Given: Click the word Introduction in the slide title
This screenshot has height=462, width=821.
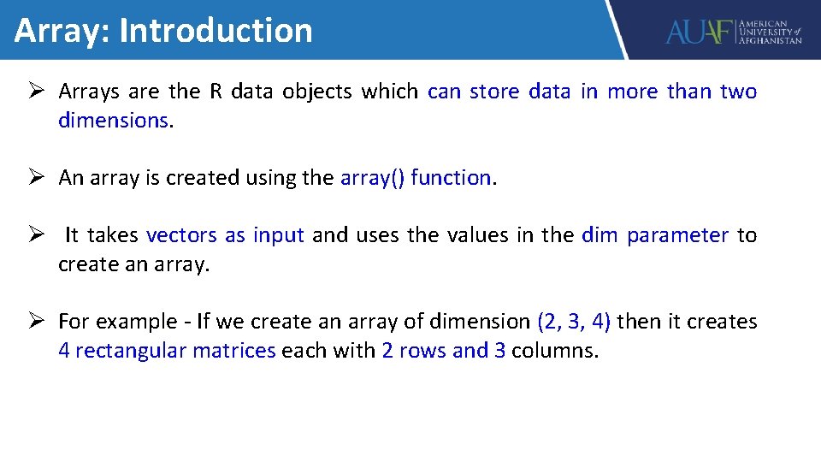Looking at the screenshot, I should [216, 30].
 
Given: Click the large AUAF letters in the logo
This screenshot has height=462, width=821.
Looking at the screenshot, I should [700, 33].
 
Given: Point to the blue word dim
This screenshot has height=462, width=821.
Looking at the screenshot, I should [599, 235].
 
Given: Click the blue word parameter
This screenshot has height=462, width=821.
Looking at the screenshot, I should [677, 236].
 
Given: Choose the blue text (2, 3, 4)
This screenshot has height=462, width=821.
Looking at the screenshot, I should [574, 323].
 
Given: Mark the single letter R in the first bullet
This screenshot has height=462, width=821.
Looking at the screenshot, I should [216, 92].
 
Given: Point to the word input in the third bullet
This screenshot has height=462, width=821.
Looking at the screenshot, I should [278, 236].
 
